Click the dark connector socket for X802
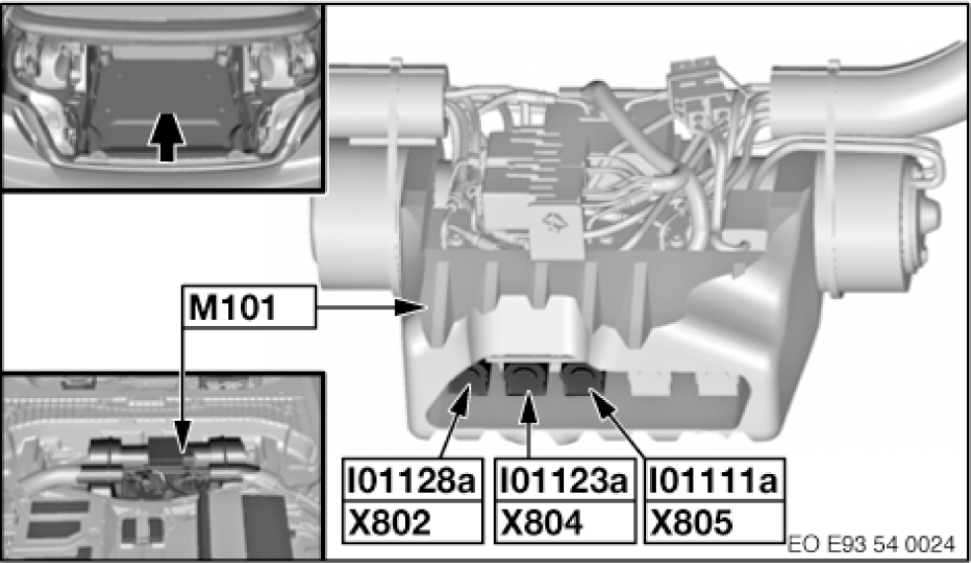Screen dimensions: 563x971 coord(476,379)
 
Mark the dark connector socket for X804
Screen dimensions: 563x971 coord(527,377)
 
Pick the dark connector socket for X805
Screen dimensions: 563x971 coord(582,378)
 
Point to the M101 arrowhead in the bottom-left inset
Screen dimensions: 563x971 coord(182,453)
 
